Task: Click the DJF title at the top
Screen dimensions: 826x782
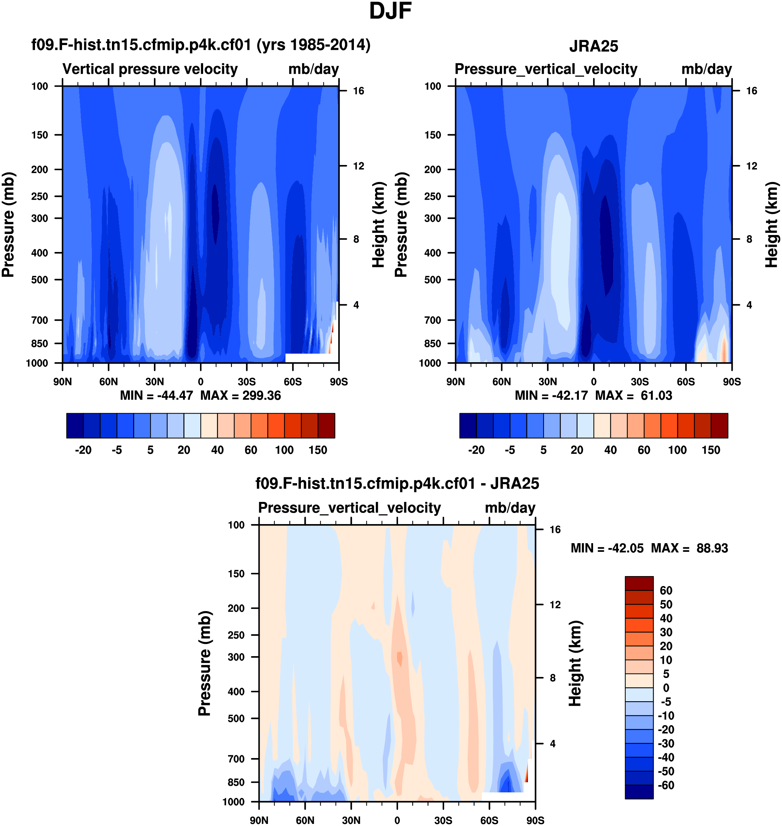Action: pyautogui.click(x=390, y=11)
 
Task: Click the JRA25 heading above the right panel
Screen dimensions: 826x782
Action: pyautogui.click(x=593, y=46)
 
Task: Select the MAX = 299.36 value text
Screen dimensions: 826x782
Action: pyautogui.click(x=241, y=395)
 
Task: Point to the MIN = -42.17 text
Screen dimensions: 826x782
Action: pyautogui.click(x=551, y=395)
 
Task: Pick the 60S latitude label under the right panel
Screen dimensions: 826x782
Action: pyautogui.click(x=686, y=382)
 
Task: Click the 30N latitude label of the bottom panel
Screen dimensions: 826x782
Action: pyautogui.click(x=351, y=820)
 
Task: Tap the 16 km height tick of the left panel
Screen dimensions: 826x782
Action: pyautogui.click(x=358, y=91)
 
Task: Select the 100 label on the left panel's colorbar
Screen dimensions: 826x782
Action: pyautogui.click(x=284, y=450)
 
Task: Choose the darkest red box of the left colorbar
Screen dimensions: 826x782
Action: pyautogui.click(x=327, y=426)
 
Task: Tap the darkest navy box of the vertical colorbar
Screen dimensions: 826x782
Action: pyautogui.click(x=639, y=792)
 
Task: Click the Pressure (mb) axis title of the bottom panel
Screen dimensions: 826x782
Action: pyautogui.click(x=204, y=663)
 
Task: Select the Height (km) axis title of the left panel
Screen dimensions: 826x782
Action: pyautogui.click(x=378, y=225)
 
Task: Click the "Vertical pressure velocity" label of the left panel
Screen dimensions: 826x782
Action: pyautogui.click(x=150, y=69)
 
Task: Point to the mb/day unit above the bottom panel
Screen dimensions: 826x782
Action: pyautogui.click(x=510, y=508)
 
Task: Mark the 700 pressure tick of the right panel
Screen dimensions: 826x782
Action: pyautogui.click(x=432, y=320)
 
